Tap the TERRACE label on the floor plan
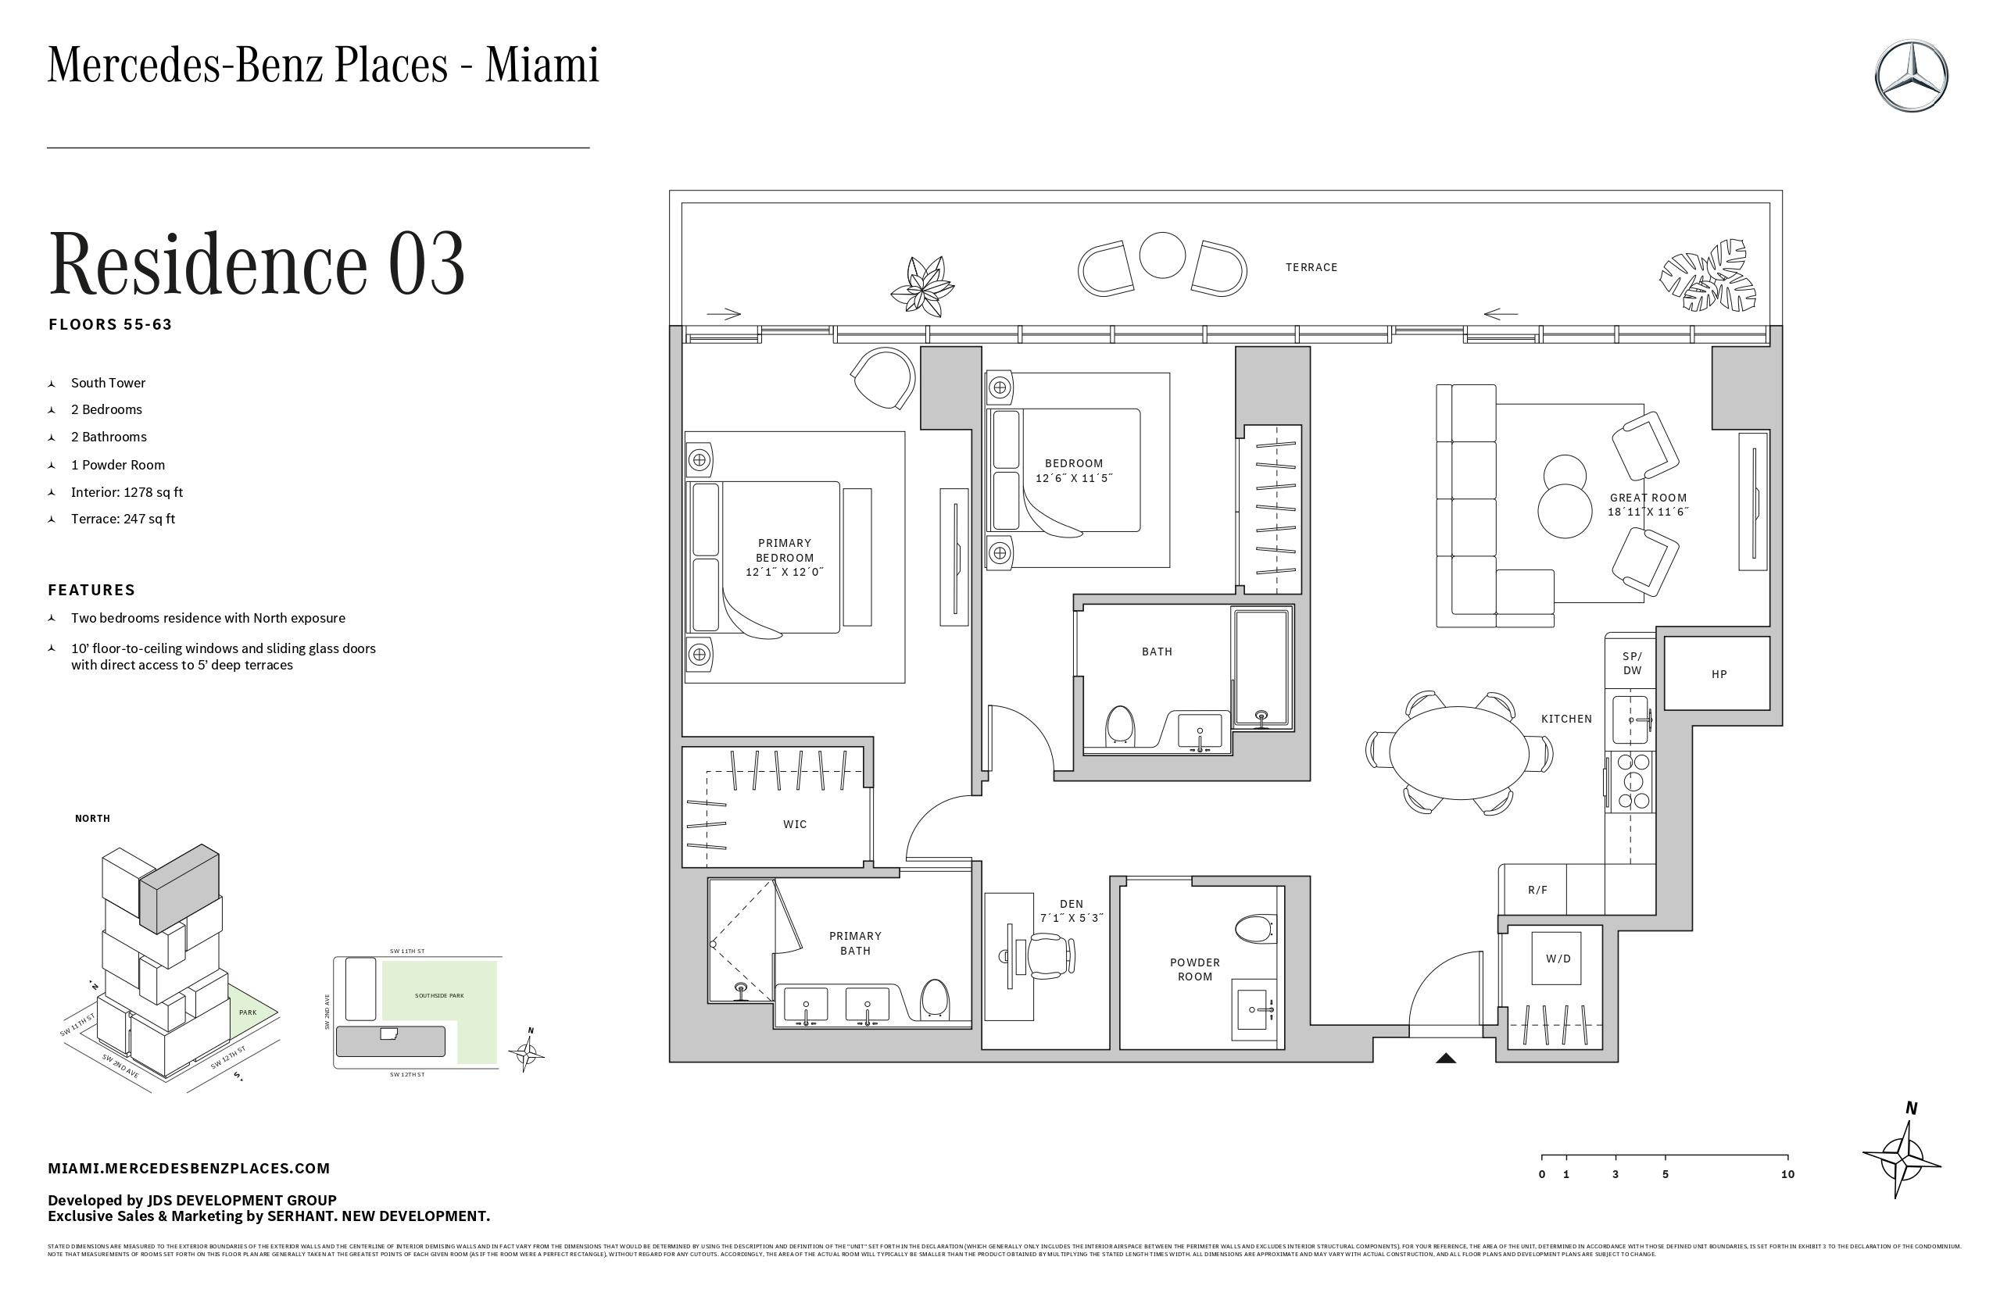point(1311,267)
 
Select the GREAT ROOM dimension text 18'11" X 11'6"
point(1648,512)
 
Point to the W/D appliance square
point(1558,959)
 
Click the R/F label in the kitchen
point(1537,890)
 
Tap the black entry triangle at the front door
point(1446,1058)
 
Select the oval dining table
point(1458,752)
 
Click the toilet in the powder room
point(1253,927)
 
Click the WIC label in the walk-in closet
point(795,824)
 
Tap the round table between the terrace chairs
point(1162,255)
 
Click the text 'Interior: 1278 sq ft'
point(127,492)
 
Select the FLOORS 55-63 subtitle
point(110,325)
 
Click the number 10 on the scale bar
point(1787,1174)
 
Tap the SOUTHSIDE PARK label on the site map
point(438,996)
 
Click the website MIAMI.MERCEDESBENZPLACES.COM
point(189,1169)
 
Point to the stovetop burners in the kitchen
point(1632,781)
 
